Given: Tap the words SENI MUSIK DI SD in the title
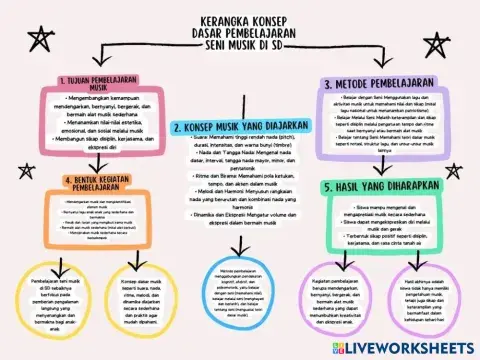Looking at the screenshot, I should [x=240, y=46].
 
